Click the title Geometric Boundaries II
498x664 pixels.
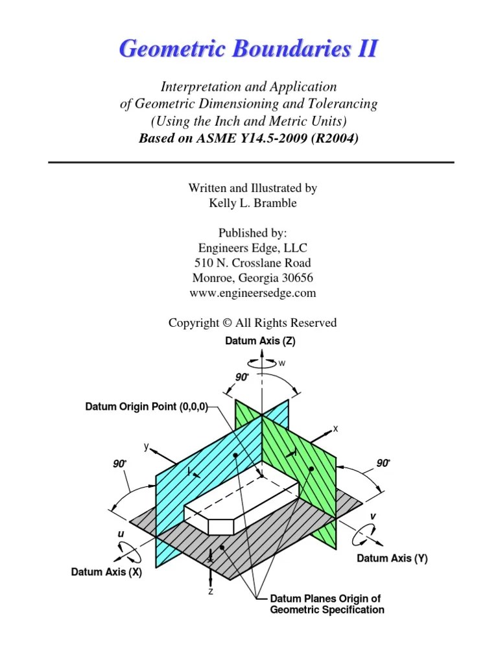[248, 49]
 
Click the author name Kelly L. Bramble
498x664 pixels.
[252, 203]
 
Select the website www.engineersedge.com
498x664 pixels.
[252, 292]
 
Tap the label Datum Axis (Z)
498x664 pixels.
[260, 341]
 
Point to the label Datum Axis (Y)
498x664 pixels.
[392, 558]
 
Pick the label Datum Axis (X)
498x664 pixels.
[106, 572]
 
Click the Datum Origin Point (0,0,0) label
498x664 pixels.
[147, 407]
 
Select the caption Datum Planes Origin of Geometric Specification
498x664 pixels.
[326, 604]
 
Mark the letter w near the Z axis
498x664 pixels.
[281, 363]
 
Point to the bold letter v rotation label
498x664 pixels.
[373, 516]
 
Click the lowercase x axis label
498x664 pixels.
[336, 429]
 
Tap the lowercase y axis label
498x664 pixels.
[147, 446]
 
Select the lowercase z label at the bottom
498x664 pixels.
[211, 591]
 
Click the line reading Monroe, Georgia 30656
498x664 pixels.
[252, 278]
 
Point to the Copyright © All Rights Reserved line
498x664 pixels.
[252, 322]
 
